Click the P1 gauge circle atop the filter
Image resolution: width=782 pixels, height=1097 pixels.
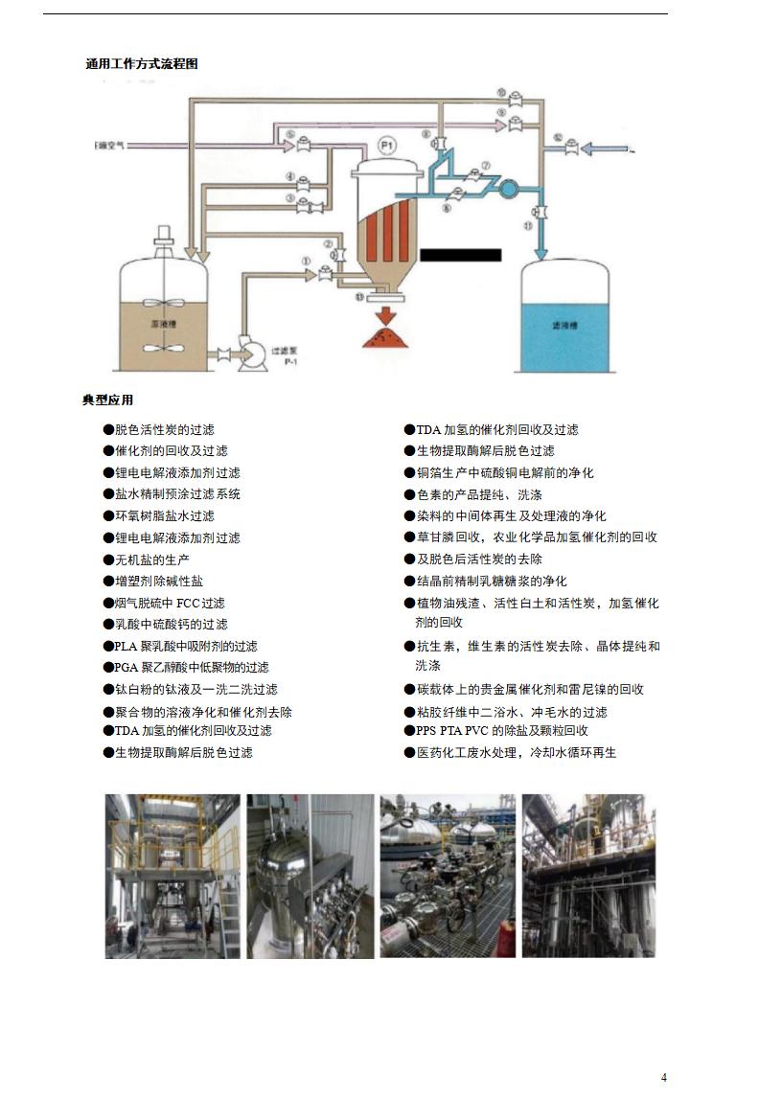point(387,145)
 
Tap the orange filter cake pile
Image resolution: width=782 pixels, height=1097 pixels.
point(389,337)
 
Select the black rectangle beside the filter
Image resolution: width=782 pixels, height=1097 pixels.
point(460,255)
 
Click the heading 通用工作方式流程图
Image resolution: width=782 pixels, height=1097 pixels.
point(141,64)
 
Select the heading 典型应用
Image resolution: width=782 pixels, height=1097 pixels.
point(107,400)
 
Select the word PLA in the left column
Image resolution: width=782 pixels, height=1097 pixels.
point(126,646)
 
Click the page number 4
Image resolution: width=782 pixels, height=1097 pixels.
point(663,1078)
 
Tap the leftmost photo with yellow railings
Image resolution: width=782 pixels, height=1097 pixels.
point(172,876)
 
